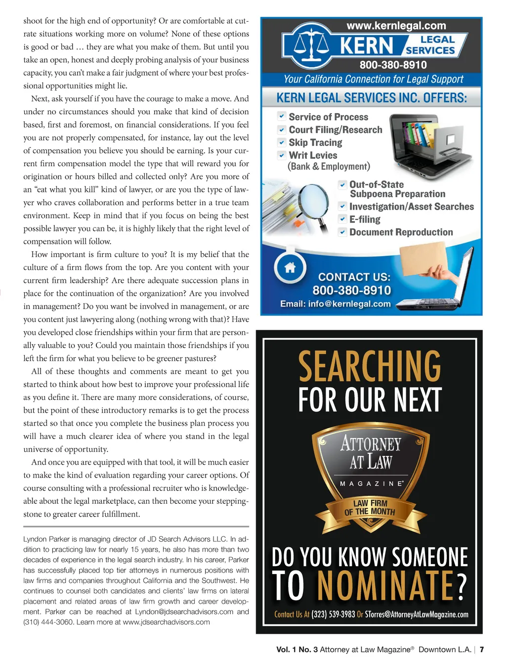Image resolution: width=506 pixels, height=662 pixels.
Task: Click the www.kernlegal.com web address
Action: (396, 26)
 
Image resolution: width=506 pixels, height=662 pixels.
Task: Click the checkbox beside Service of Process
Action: (281, 116)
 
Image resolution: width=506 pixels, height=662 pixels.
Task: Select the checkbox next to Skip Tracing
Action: (281, 142)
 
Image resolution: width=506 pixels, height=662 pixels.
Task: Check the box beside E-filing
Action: (342, 219)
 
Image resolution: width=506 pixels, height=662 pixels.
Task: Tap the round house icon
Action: (290, 267)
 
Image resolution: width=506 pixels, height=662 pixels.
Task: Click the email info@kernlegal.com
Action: (336, 304)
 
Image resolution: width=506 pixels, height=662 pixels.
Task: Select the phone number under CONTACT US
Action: (351, 290)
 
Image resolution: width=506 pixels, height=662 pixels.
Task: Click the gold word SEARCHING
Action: (370, 366)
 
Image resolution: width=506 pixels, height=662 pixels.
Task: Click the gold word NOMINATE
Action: (385, 586)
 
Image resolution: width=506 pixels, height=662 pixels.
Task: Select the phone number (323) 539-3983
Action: (333, 615)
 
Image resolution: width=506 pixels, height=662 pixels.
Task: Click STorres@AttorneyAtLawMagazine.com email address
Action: (417, 615)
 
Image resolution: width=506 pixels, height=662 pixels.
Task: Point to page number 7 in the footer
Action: (482, 650)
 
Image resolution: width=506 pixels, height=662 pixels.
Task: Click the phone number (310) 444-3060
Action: (48, 622)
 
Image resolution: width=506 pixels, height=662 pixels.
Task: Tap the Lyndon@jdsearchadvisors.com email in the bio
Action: (184, 612)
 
